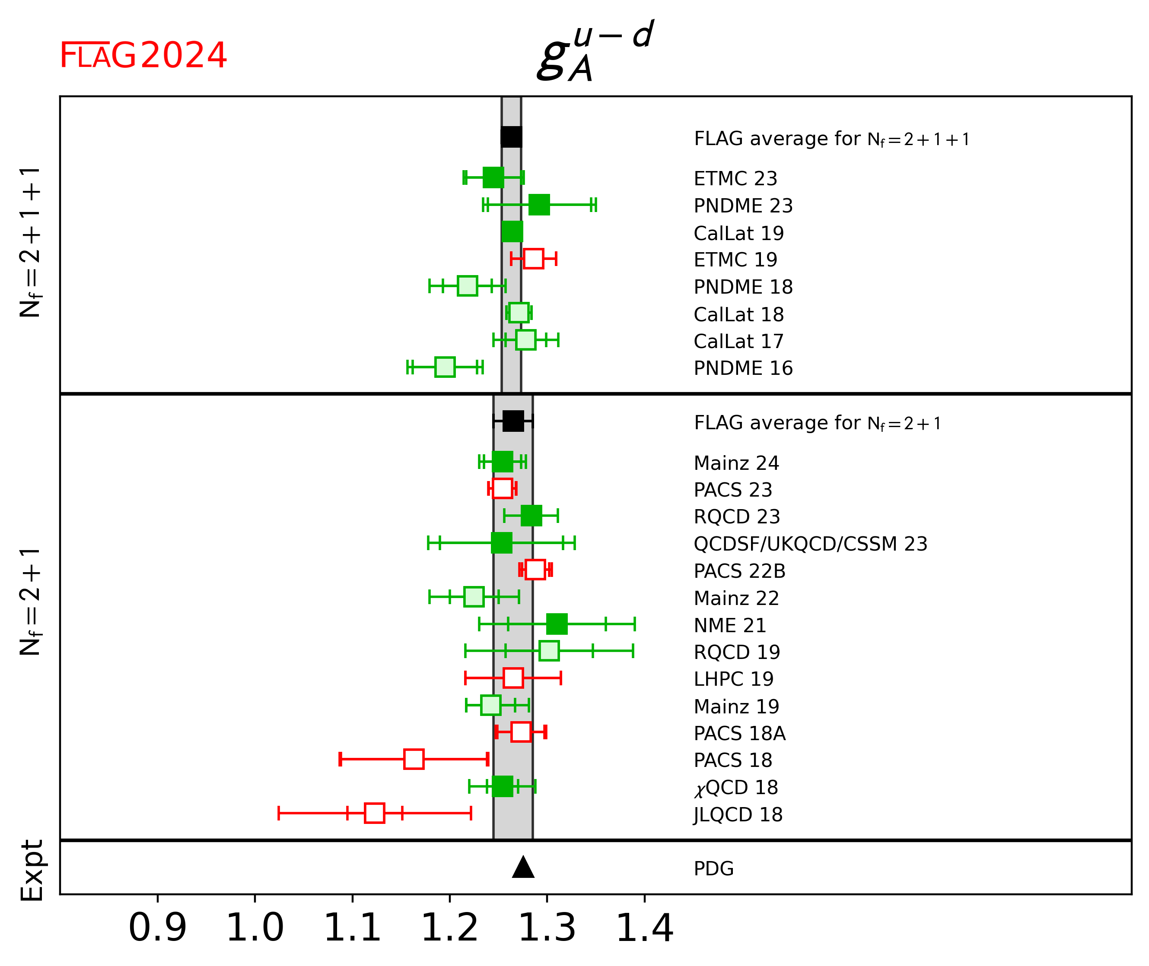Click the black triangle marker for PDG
click(x=523, y=868)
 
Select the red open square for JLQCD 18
click(x=374, y=813)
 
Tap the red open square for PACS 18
click(x=414, y=759)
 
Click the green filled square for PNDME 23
click(x=539, y=205)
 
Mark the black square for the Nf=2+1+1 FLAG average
click(x=511, y=137)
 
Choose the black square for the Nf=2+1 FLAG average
click(x=513, y=421)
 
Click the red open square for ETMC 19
click(x=533, y=259)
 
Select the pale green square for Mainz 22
click(x=474, y=596)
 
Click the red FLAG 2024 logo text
click(x=143, y=55)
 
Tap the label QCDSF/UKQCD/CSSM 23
click(x=810, y=544)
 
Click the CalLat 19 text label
click(x=738, y=233)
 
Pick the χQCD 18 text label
click(x=736, y=788)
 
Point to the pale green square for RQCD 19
click(x=549, y=651)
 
